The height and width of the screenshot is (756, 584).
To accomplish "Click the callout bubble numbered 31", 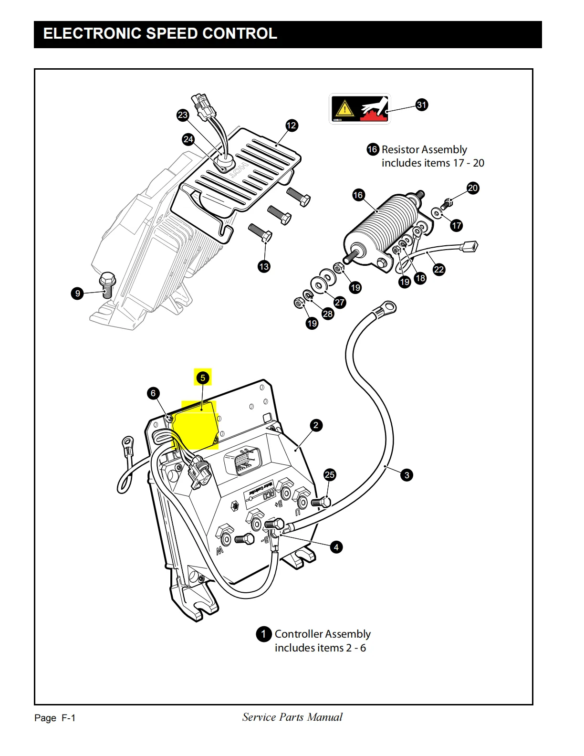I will coord(422,105).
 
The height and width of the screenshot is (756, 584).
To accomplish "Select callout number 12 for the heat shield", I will coord(292,126).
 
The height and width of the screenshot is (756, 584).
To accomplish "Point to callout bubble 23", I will coord(183,115).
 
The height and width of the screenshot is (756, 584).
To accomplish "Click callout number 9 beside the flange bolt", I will coord(78,294).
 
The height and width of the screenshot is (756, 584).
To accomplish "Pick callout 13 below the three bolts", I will coord(264,266).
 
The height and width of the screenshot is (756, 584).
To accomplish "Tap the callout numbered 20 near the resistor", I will coord(472,188).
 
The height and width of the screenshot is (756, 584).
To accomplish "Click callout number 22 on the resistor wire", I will coord(438,270).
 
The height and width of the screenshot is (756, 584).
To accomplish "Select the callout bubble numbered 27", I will coord(339,302).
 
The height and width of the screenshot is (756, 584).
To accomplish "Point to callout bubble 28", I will coord(328,314).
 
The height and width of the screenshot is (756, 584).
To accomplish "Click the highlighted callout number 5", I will coord(203,378).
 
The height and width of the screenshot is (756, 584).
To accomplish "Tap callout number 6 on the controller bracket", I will coord(153,393).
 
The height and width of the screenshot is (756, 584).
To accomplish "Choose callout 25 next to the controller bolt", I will coord(330,474).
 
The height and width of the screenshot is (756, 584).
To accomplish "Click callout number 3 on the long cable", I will coord(407,475).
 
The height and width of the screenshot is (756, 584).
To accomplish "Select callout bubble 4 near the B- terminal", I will coord(336,547).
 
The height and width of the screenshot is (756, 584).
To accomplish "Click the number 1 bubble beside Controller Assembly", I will coord(264,634).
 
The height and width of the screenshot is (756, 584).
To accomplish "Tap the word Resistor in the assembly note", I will coord(401,150).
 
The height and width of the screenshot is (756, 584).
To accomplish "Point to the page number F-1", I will coord(68,718).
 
